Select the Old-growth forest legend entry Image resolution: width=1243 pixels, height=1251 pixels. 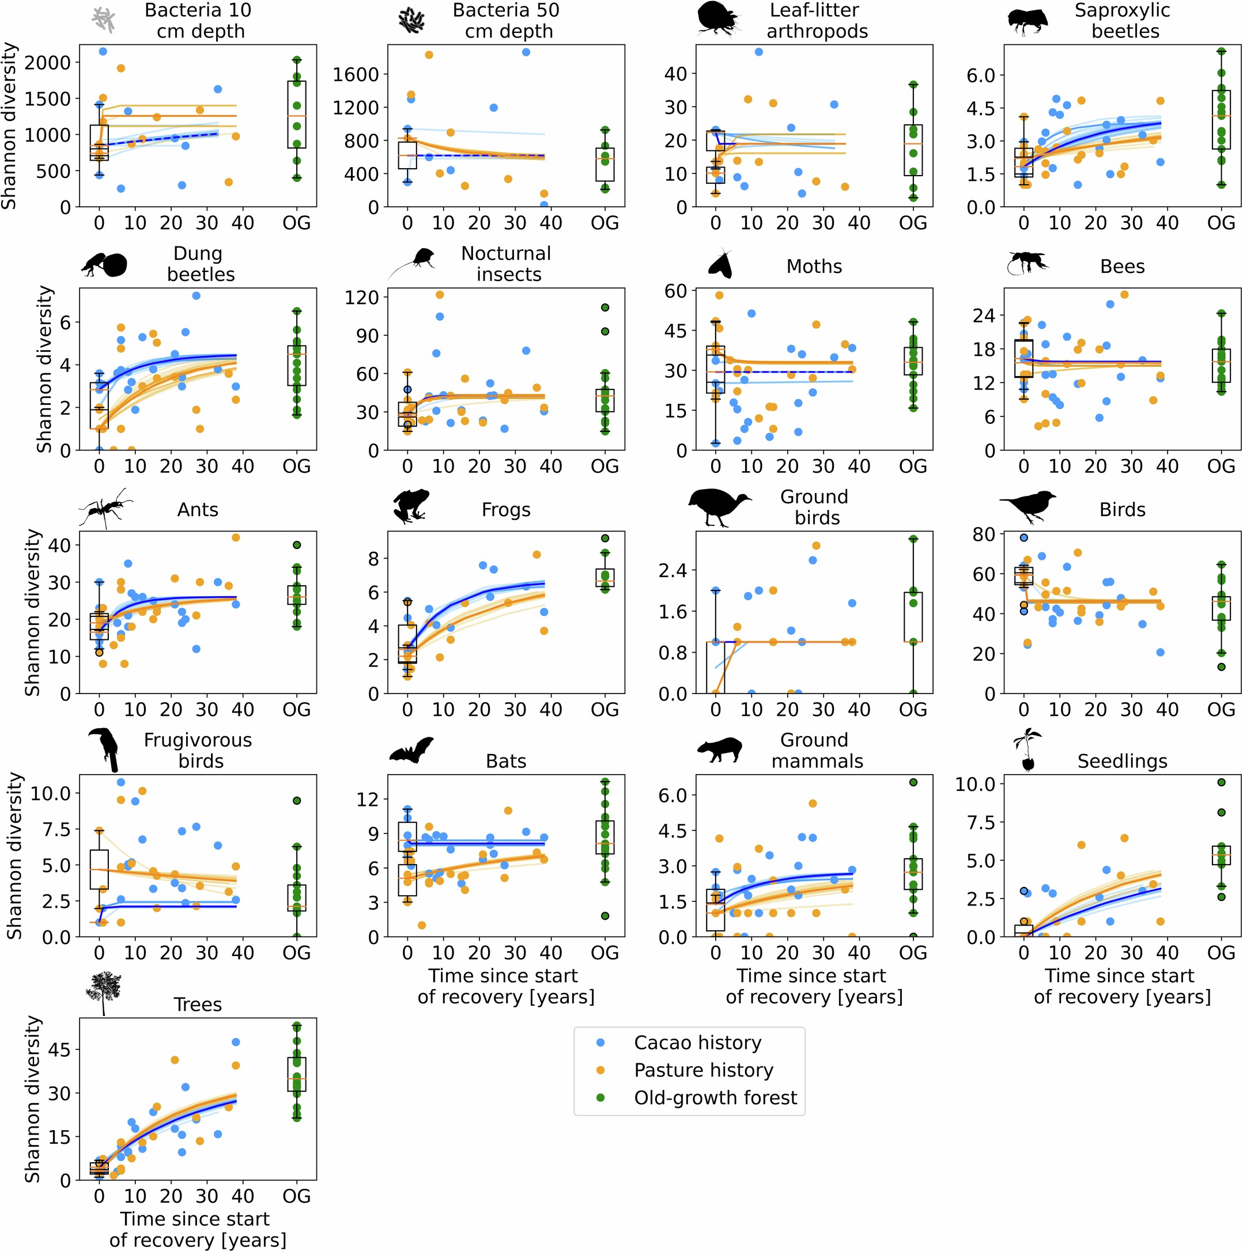click(x=715, y=1098)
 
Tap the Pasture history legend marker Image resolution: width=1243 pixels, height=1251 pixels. click(x=600, y=1070)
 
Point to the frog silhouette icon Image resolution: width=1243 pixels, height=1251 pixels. click(x=409, y=506)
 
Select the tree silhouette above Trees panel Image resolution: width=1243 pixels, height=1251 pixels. click(x=104, y=991)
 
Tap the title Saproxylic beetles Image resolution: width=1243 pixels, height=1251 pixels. click(x=1122, y=20)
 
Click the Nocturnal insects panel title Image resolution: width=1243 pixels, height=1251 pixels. click(x=506, y=264)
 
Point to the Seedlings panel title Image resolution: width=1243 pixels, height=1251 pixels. click(x=1122, y=761)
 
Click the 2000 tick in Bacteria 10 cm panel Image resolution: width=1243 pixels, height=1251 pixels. click(x=47, y=63)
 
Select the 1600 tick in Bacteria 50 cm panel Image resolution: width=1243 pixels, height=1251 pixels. click(x=355, y=74)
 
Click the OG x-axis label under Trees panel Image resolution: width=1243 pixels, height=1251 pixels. click(x=296, y=1195)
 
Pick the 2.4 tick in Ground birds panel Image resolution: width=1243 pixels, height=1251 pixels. click(x=672, y=570)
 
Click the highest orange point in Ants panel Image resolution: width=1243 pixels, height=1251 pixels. click(x=236, y=537)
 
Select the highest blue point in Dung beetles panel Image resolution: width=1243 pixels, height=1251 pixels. click(x=195, y=295)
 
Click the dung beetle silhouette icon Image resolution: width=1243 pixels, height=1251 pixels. click(x=105, y=264)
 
